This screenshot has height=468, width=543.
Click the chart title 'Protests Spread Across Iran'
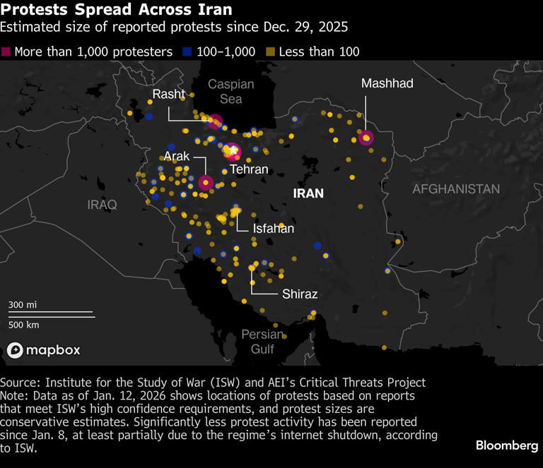[116, 11]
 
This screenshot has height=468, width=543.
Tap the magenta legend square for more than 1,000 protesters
[6, 52]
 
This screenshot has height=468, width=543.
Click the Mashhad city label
[387, 83]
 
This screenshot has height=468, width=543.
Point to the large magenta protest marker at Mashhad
[366, 138]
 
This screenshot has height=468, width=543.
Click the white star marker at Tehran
[233, 151]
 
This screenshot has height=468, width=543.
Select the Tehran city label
[249, 169]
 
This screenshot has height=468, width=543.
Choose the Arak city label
[176, 156]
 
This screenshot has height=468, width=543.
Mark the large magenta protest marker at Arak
[205, 183]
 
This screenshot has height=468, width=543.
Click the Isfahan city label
[273, 228]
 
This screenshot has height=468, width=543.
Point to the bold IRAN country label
[308, 193]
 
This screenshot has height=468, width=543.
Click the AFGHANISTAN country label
[455, 189]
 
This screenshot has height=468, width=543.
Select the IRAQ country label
[102, 204]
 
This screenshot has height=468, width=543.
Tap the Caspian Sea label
[230, 92]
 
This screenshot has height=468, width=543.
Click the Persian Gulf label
[262, 341]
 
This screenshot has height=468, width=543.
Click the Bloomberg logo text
[506, 445]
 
